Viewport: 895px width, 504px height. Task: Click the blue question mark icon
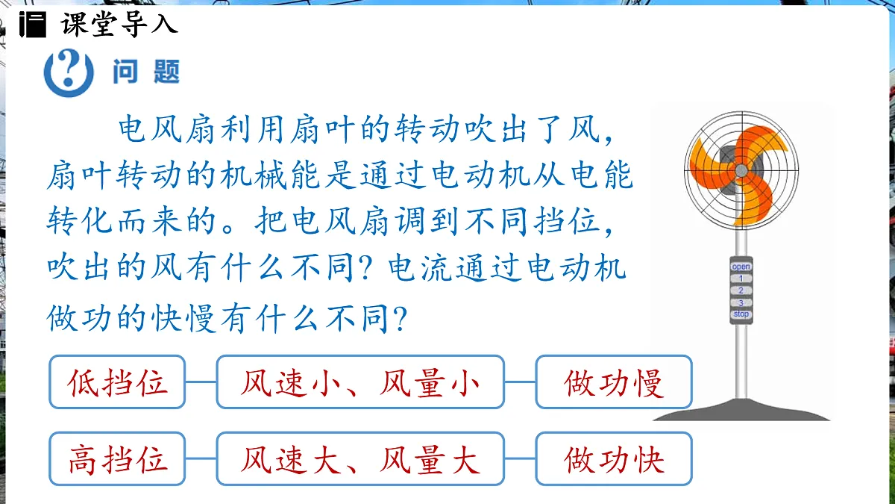point(69,72)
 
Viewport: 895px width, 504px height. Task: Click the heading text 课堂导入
point(119,25)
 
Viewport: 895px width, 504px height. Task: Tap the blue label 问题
point(146,72)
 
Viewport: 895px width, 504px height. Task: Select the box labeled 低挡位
point(118,382)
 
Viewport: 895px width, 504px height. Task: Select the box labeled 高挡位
point(118,458)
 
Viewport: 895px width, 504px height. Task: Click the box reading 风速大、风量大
point(360,458)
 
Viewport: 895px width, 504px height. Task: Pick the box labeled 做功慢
point(614,382)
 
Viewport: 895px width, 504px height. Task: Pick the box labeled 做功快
point(614,458)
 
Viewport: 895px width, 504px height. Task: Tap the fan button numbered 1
point(741,279)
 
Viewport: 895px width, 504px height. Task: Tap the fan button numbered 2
point(741,290)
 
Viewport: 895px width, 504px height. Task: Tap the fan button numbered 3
point(741,302)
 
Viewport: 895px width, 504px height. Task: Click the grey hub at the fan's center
point(741,170)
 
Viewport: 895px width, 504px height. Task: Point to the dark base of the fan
point(741,410)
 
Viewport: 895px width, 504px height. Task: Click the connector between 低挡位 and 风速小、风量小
point(201,382)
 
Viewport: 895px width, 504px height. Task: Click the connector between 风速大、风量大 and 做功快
point(520,458)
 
